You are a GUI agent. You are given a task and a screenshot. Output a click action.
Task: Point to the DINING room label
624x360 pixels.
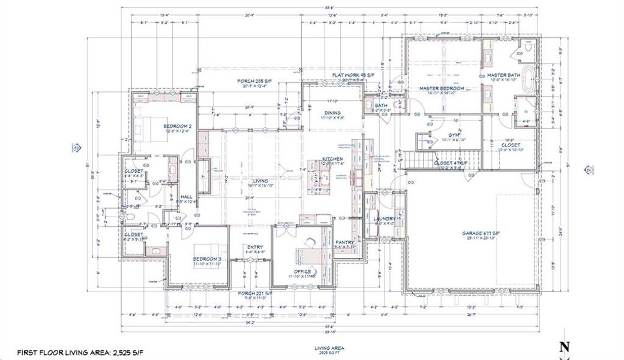pyautogui.click(x=332, y=112)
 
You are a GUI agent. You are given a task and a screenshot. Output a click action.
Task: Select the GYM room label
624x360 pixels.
pyautogui.click(x=454, y=136)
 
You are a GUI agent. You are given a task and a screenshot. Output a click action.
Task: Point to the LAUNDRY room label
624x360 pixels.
pyautogui.click(x=383, y=219)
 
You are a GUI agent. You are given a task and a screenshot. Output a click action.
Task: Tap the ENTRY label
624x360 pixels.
pyautogui.click(x=255, y=247)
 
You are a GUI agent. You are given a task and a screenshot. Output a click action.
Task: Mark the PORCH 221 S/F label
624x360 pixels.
pyautogui.click(x=255, y=293)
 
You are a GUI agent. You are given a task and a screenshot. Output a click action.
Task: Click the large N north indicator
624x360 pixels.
pyautogui.click(x=563, y=347)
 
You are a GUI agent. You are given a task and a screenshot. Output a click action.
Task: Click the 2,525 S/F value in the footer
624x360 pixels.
pyautogui.click(x=124, y=352)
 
